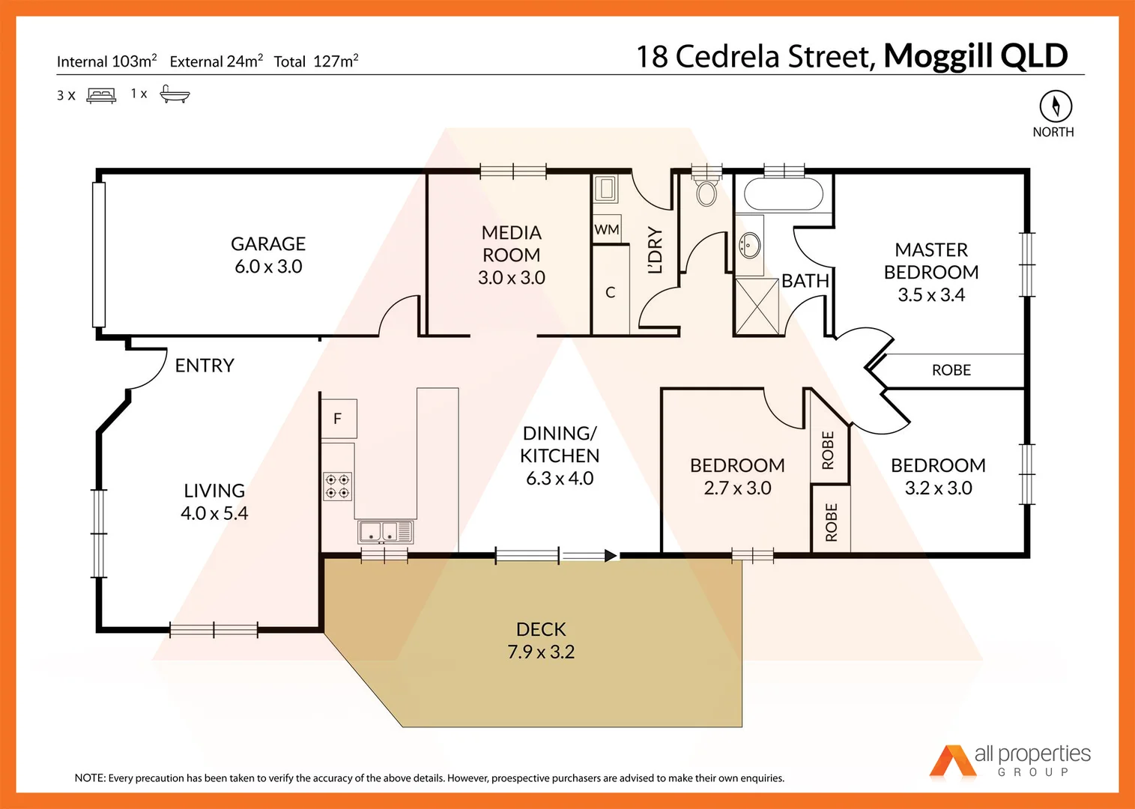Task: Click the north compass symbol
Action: tap(1055, 106)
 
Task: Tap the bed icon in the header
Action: tap(101, 95)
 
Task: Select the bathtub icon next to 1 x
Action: tap(175, 94)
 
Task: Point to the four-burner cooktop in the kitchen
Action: tap(337, 485)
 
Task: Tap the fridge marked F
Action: tap(338, 419)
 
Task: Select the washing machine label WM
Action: tap(606, 229)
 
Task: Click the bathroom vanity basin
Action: tap(748, 244)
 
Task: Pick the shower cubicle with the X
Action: tap(757, 306)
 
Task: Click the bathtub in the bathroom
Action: tap(784, 194)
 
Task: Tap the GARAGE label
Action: tap(268, 244)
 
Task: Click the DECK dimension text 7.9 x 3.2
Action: tap(541, 652)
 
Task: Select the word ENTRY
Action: tap(205, 366)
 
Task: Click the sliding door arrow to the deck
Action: tap(590, 556)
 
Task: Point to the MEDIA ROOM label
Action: tap(512, 244)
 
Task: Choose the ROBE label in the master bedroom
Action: tap(951, 370)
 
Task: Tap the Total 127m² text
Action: tap(315, 61)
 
